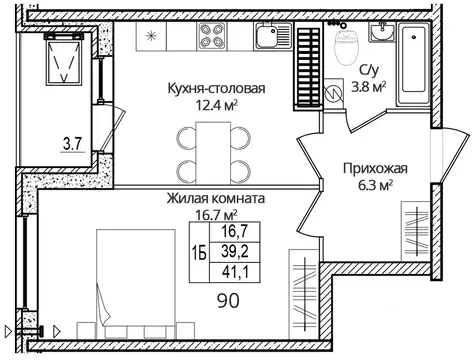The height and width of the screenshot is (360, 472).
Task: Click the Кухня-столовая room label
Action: [216, 88]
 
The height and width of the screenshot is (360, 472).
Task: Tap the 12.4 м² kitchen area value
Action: [216, 104]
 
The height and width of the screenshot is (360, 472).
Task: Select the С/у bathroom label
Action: [366, 71]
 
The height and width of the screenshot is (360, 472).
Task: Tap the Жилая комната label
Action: [216, 199]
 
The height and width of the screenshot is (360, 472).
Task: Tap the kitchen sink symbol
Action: [267, 41]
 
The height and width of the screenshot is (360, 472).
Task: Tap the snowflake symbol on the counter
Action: [152, 38]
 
